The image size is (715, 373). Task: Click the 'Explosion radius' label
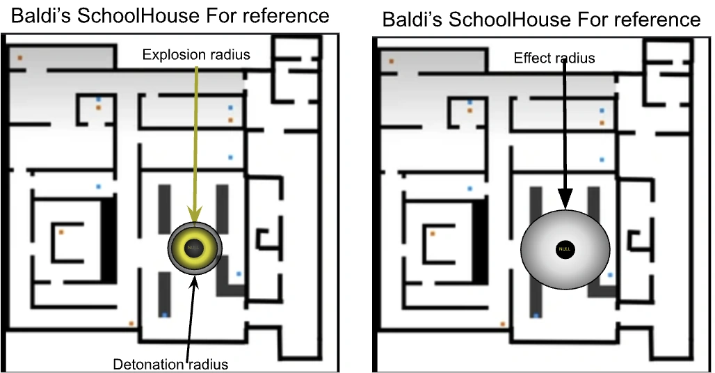coord(195,55)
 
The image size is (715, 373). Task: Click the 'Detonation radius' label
coord(170,363)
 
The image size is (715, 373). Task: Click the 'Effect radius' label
coord(554,58)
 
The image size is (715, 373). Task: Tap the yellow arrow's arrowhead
coord(195,216)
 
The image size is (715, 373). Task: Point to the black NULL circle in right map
coord(565,249)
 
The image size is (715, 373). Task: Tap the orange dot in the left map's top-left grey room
coord(20,57)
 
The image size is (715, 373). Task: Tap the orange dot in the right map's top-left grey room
coord(392,62)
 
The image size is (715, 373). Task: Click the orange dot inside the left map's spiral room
coord(61,231)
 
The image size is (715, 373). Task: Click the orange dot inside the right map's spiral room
coord(433,234)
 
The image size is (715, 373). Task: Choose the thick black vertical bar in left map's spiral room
coord(109,239)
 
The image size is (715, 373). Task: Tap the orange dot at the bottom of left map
coord(131,323)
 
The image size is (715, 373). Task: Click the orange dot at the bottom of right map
coord(503,324)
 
